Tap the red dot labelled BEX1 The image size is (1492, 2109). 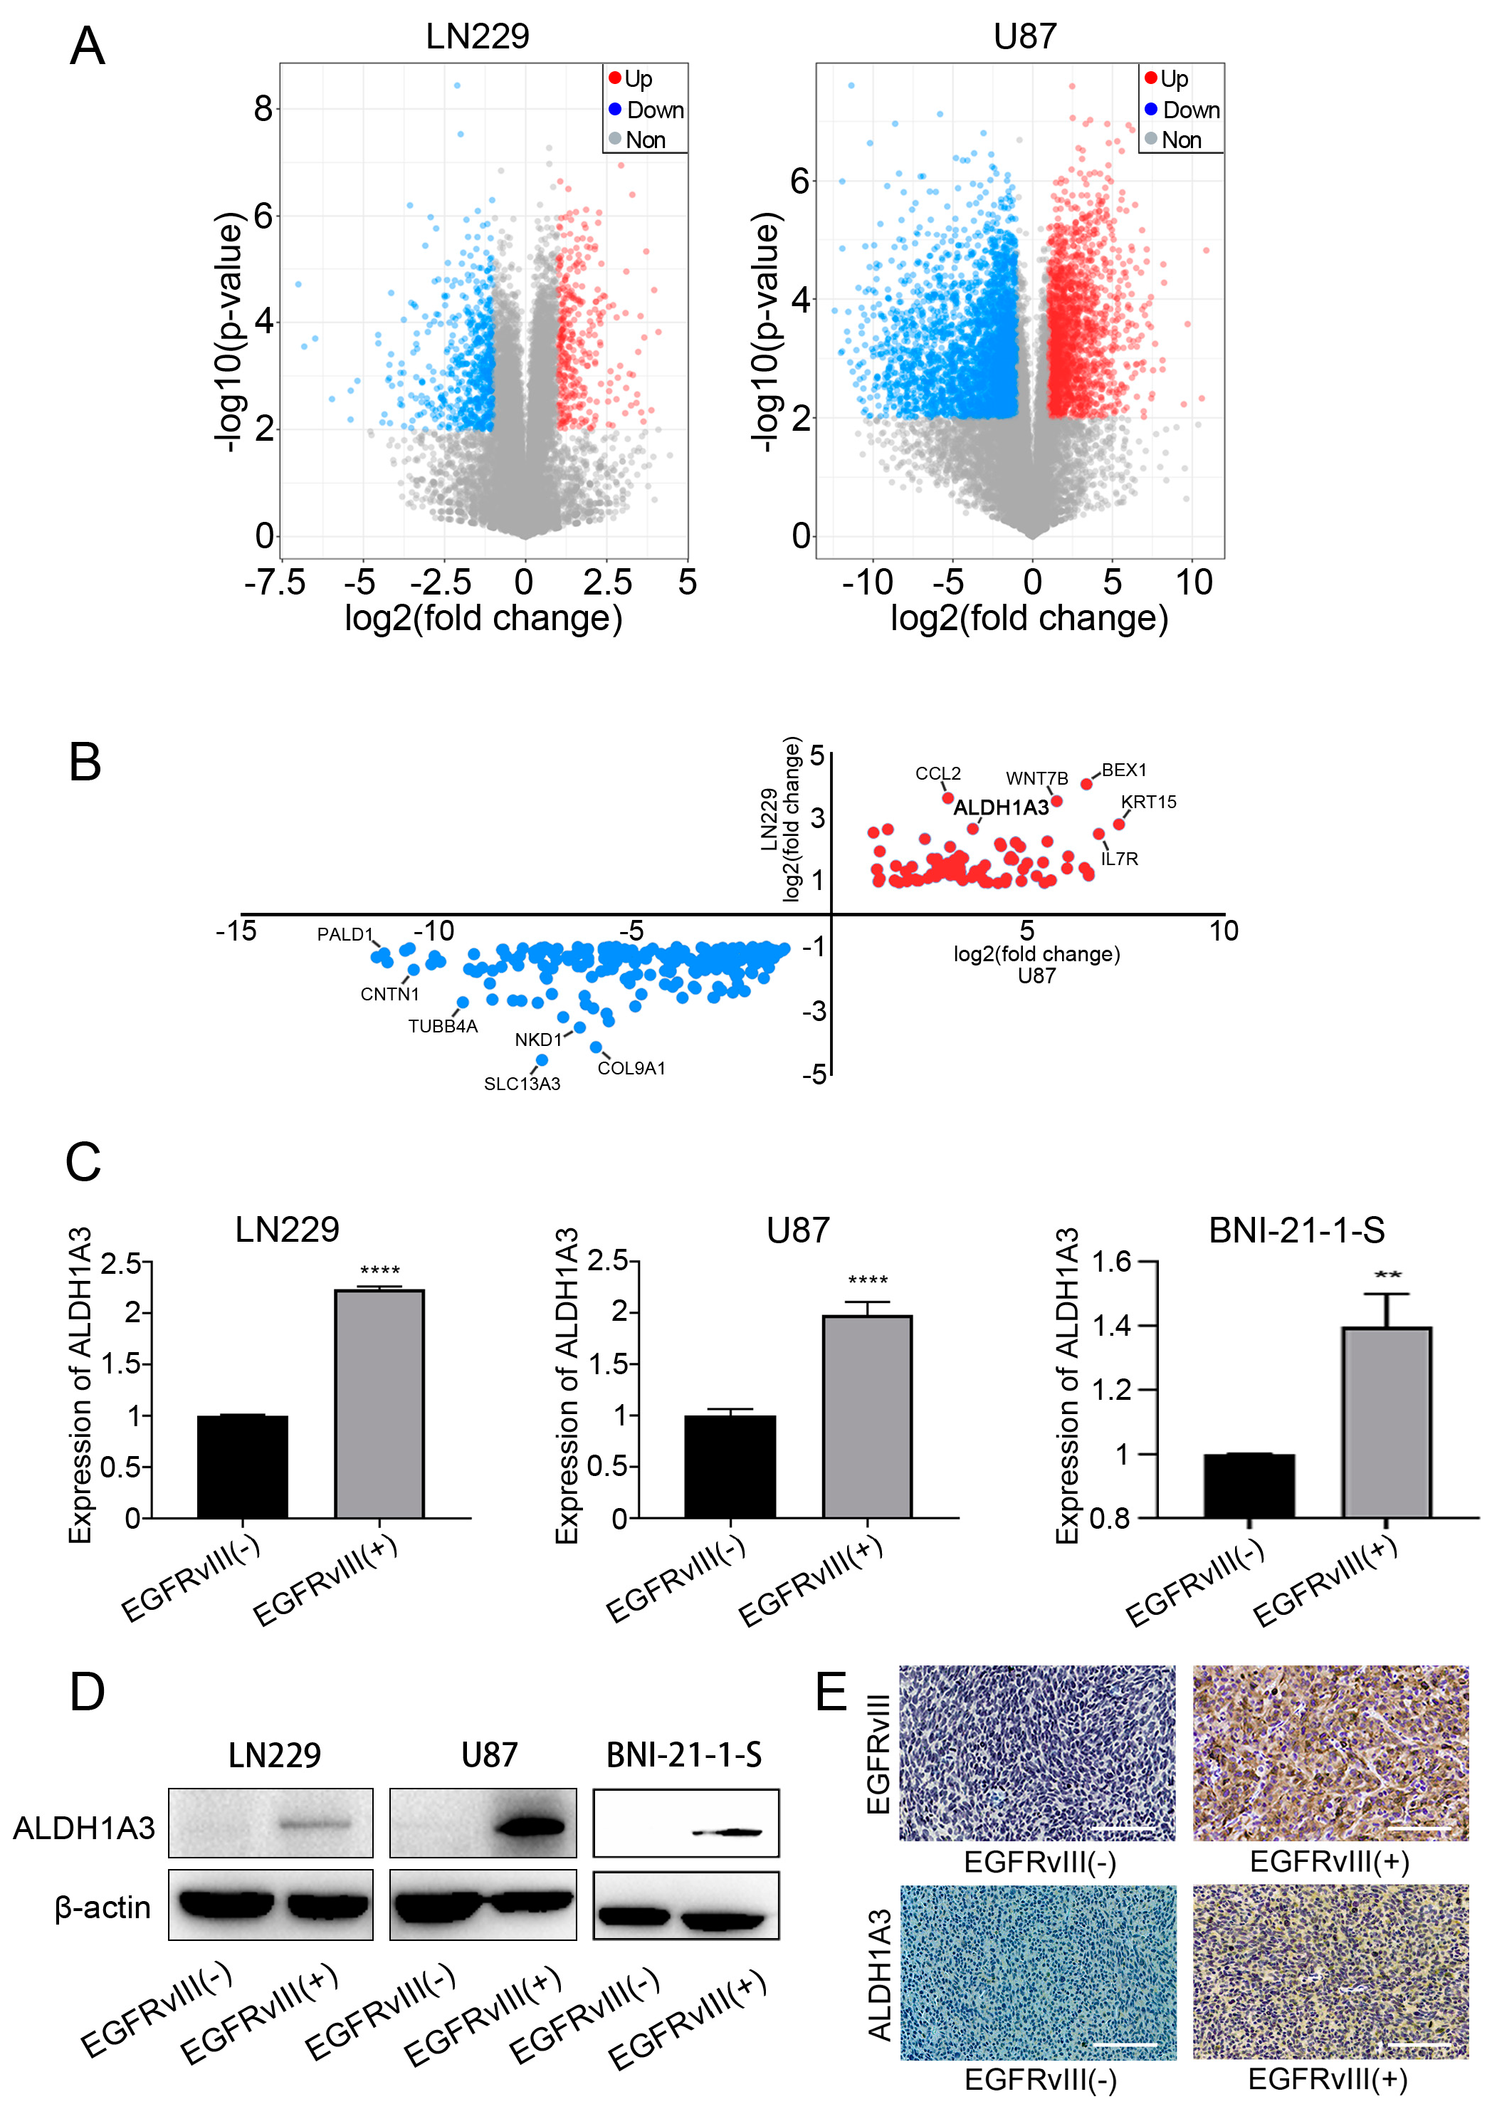pyautogui.click(x=1086, y=784)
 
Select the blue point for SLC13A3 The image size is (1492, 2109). pyautogui.click(x=542, y=1060)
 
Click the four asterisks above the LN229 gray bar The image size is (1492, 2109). pyautogui.click(x=379, y=1271)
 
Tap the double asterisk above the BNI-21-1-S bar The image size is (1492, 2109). pyautogui.click(x=1387, y=1275)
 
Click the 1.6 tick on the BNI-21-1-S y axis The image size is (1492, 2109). pyautogui.click(x=1112, y=1262)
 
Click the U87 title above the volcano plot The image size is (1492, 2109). pyautogui.click(x=1024, y=37)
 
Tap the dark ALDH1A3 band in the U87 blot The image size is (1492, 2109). pyautogui.click(x=530, y=1825)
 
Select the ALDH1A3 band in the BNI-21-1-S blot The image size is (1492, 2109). pyautogui.click(x=727, y=1833)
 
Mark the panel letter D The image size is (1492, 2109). pyautogui.click(x=88, y=1691)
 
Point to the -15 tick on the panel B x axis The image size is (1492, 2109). pyautogui.click(x=236, y=931)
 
